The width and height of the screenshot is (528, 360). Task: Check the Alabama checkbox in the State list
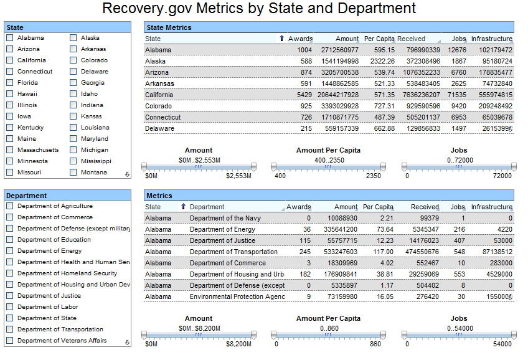tap(10, 38)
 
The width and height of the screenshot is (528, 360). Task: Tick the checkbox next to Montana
tap(73, 172)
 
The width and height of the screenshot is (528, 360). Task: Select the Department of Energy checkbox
tap(10, 251)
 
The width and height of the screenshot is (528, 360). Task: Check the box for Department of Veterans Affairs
tap(10, 341)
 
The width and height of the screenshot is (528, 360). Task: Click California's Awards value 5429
tap(304, 95)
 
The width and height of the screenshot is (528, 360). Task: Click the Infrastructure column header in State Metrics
tap(492, 39)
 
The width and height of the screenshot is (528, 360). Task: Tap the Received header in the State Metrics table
tap(411, 39)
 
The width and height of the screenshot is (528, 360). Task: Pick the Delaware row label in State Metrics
tap(159, 129)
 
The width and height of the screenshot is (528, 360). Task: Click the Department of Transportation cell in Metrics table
tap(233, 252)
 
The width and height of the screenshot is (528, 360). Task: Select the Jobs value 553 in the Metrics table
tap(460, 274)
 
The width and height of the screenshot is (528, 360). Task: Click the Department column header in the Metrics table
tap(207, 207)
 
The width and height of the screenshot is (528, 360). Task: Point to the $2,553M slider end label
tap(238, 176)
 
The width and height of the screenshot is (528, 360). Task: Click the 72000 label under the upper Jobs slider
tap(502, 176)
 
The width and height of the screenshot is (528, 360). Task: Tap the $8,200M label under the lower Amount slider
tap(238, 344)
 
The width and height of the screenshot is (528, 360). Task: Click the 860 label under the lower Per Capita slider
tap(375, 344)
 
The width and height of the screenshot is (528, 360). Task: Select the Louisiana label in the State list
tap(95, 128)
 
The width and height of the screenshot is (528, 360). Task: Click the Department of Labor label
tap(48, 307)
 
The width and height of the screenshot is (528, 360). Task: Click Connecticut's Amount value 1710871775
tap(340, 117)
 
